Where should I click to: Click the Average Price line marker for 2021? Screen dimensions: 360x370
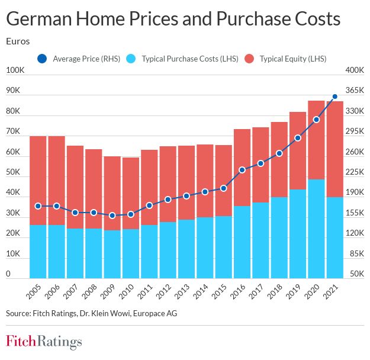(x=335, y=97)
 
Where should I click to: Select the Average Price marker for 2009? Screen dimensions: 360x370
(x=112, y=216)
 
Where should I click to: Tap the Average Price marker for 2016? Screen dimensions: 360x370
(x=242, y=170)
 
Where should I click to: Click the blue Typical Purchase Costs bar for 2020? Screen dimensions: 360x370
(x=316, y=229)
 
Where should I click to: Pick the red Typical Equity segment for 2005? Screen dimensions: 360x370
(x=38, y=181)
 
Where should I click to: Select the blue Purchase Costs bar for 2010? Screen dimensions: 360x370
(x=131, y=253)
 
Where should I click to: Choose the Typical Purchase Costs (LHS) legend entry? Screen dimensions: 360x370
(x=184, y=59)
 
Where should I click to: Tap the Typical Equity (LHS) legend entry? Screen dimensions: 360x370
(x=285, y=59)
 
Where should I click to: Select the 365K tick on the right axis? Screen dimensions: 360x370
(x=354, y=91)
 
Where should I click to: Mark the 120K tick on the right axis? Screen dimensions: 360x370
(x=354, y=233)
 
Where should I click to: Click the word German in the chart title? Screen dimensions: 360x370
(x=41, y=20)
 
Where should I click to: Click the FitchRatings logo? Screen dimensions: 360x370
(x=44, y=342)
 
